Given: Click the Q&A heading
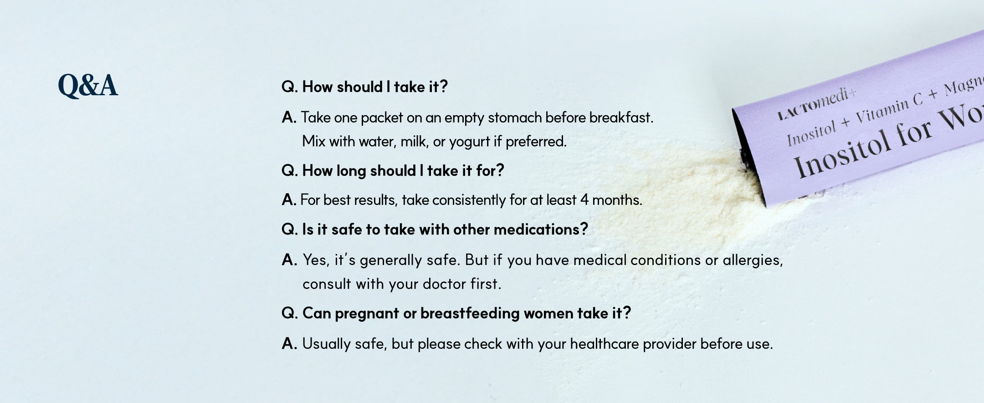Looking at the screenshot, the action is click(x=88, y=86).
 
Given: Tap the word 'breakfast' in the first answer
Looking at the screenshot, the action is click(x=621, y=117).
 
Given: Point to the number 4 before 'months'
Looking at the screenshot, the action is click(x=584, y=200).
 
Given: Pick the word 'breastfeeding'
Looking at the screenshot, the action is click(x=470, y=313).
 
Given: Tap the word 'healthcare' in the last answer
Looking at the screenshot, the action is click(x=604, y=344).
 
